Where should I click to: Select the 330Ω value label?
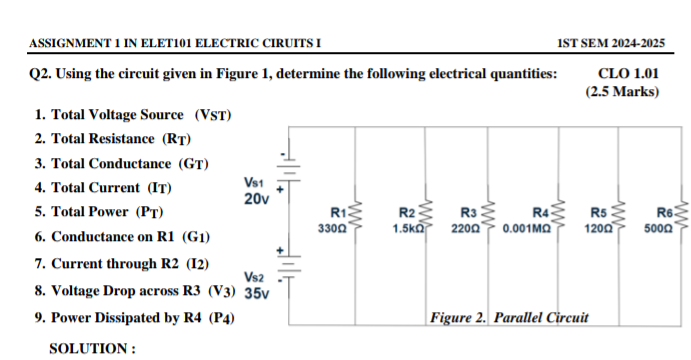(x=332, y=229)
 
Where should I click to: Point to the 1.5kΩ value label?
(x=406, y=229)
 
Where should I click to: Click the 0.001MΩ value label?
(x=528, y=229)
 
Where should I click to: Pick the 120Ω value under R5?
(x=598, y=229)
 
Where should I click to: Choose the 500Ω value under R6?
(x=658, y=229)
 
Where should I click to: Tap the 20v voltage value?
(x=256, y=199)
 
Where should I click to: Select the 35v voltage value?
(x=257, y=294)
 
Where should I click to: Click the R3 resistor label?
(x=468, y=213)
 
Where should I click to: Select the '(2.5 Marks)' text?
(x=622, y=92)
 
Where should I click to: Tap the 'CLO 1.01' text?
(x=628, y=73)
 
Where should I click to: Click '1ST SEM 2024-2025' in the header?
(x=611, y=42)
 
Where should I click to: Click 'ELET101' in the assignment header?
(x=166, y=42)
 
